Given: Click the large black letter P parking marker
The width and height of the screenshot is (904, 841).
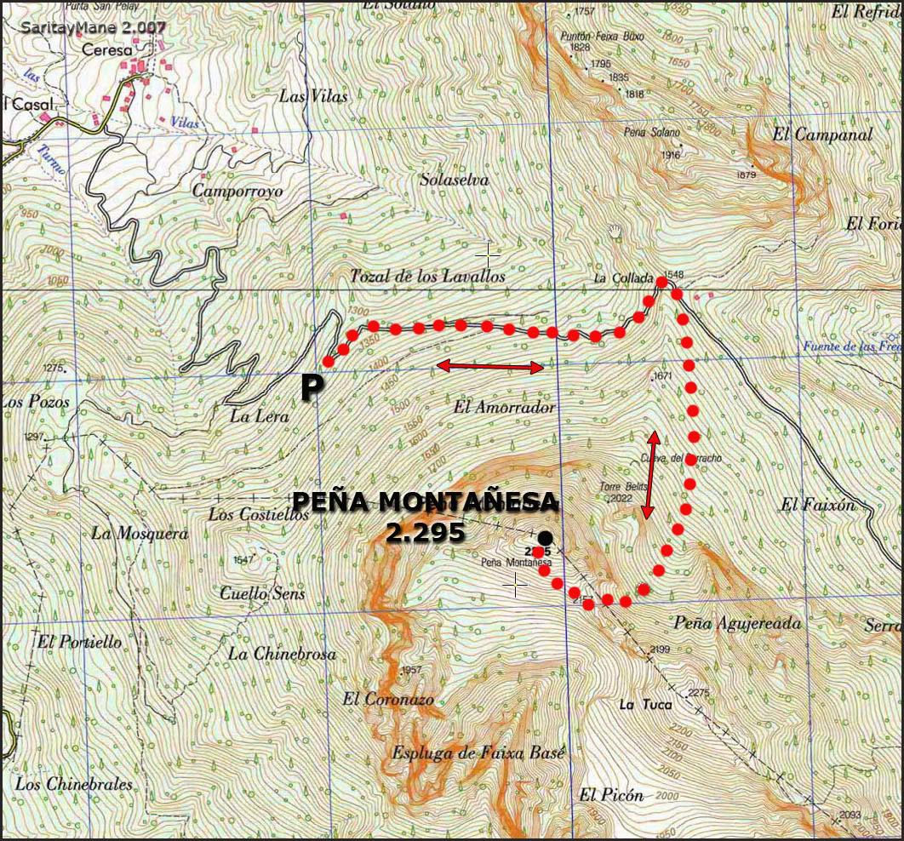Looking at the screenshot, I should [312, 388].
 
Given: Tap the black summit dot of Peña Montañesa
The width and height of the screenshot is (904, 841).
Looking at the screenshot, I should [545, 537].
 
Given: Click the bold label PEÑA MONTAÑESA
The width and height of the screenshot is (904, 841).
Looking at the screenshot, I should [425, 502].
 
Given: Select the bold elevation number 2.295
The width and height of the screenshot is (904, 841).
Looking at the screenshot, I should [425, 532].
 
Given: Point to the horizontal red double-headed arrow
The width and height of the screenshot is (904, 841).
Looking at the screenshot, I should [489, 367].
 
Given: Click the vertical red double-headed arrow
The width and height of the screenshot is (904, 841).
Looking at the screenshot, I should [651, 475].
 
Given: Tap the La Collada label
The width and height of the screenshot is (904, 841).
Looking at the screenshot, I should [623, 278].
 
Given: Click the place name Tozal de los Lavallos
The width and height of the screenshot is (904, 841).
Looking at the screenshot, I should [427, 276].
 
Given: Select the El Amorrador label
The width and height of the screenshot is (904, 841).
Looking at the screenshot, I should [504, 408].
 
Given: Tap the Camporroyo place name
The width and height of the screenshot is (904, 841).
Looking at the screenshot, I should [237, 191].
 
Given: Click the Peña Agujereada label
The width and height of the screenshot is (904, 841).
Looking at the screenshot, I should [737, 623].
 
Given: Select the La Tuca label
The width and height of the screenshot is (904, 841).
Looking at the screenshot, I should [644, 704].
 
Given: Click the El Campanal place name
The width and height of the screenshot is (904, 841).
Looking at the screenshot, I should [822, 134].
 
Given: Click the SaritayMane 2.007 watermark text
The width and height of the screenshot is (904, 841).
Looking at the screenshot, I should [94, 26].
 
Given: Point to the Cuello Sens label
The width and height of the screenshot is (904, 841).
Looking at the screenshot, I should [262, 593].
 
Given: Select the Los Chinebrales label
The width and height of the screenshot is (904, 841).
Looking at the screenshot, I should [74, 784].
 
